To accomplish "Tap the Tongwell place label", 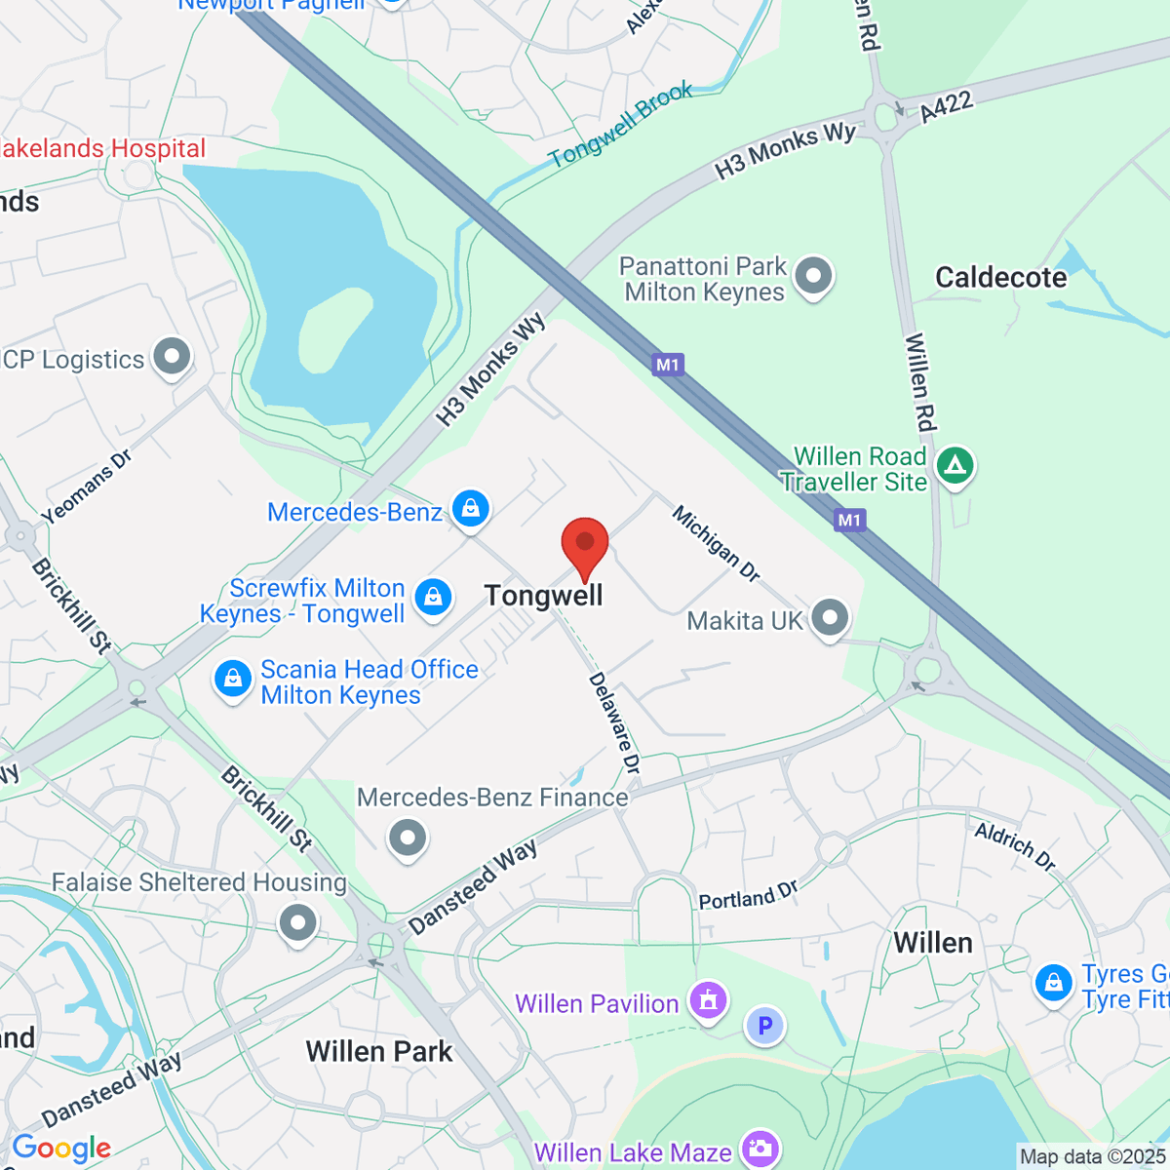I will point(543,596).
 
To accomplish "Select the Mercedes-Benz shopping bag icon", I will point(470,510).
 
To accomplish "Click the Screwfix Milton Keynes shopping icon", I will point(433,598).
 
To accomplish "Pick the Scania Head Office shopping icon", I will point(233,680).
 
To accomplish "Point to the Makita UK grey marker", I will point(830,618).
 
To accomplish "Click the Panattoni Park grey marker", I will point(813,277).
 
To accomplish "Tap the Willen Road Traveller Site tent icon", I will point(955,466).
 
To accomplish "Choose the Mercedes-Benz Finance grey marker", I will point(408,838).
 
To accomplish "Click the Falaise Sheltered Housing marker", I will point(298,922).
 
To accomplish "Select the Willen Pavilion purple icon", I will point(708,1001).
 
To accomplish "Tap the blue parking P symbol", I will point(765,1026).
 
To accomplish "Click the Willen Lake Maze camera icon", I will point(760,1150).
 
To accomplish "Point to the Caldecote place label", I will point(1001,278).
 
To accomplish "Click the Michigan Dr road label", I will point(716,544).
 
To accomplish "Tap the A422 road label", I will point(946,106).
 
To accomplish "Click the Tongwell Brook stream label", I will point(620,125).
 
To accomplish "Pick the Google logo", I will point(61,1149).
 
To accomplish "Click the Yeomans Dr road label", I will point(86,487).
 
